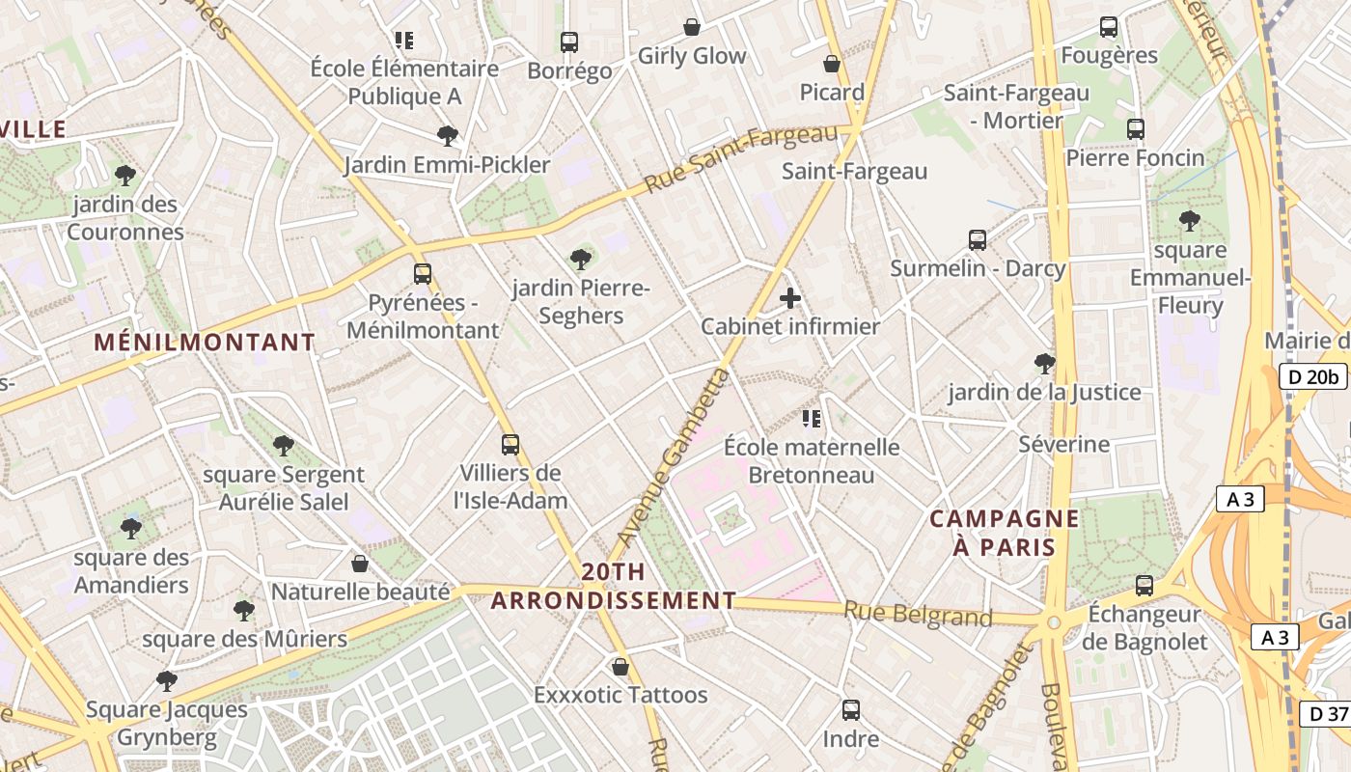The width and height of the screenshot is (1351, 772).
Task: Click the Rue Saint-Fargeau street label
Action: tap(741, 157)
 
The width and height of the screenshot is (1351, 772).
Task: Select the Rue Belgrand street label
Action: tap(918, 614)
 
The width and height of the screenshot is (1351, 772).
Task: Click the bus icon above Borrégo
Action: tap(569, 42)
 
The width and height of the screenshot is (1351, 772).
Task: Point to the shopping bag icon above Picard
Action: tap(832, 65)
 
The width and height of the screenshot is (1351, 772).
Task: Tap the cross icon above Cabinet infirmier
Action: tap(790, 298)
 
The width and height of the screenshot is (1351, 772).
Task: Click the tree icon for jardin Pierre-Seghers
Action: tap(581, 259)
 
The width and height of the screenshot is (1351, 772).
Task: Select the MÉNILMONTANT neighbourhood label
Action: tap(205, 343)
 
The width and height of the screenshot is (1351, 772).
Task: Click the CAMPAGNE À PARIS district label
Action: tap(1004, 533)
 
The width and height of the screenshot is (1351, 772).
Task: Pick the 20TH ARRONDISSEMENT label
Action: tap(613, 586)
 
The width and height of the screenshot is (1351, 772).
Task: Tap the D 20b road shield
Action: tap(1312, 376)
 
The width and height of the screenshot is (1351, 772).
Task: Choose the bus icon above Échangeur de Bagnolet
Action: tap(1144, 585)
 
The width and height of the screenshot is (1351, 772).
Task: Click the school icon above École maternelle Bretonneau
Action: tap(812, 418)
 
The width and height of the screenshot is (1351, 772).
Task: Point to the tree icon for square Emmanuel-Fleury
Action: tap(1190, 221)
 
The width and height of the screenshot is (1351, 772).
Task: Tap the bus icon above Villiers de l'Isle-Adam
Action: tap(510, 445)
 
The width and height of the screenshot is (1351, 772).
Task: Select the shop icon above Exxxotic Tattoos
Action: tap(620, 667)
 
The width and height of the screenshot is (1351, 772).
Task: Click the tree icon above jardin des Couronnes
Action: tap(124, 176)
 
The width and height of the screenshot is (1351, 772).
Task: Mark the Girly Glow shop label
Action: tap(692, 56)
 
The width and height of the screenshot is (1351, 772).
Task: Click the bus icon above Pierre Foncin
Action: tap(1136, 128)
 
